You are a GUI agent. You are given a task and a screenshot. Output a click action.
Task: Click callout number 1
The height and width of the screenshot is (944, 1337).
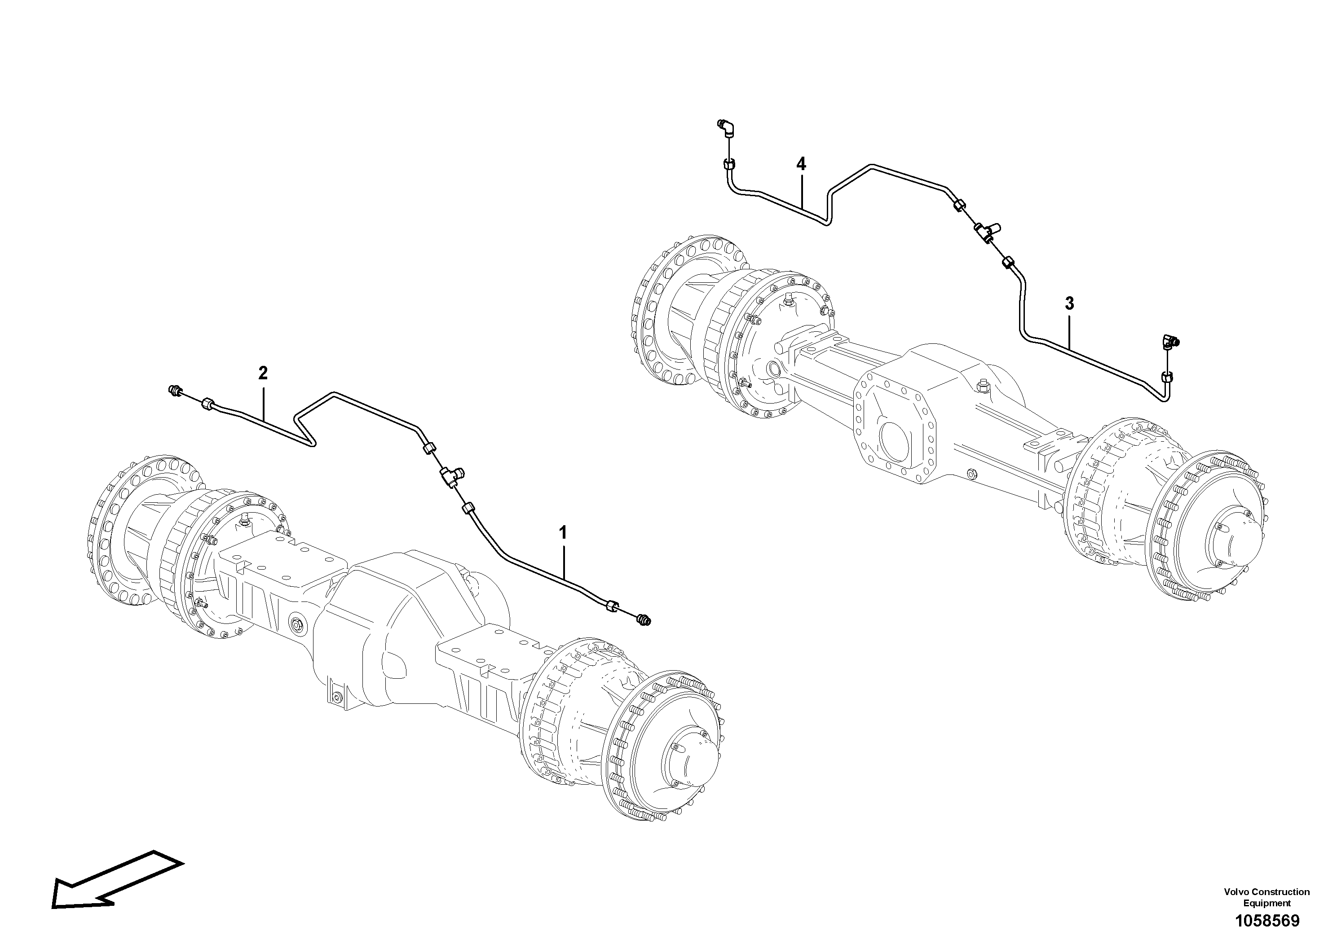[563, 532]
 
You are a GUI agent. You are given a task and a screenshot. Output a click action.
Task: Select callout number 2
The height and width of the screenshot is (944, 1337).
[263, 373]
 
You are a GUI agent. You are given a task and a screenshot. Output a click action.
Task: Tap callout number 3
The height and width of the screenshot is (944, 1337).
[1069, 303]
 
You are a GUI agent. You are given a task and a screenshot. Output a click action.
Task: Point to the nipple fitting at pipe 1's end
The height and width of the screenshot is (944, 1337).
[644, 620]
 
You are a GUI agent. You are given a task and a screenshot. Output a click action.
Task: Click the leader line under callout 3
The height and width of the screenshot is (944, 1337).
[1070, 332]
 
